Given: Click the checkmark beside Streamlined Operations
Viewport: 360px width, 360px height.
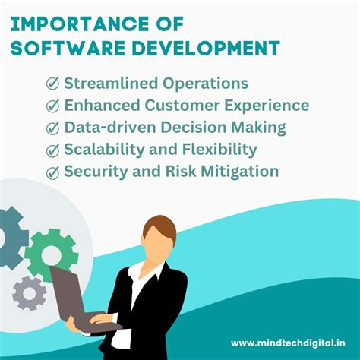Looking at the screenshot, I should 54,84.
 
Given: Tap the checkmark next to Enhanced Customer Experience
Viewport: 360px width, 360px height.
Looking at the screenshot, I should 54,106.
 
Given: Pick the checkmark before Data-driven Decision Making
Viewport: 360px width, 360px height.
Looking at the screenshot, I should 54,128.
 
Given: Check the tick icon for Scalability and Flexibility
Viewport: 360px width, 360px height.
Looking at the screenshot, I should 54,150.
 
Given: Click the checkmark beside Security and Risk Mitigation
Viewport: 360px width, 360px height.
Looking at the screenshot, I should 54,172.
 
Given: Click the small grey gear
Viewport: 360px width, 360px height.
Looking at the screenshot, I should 30,292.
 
